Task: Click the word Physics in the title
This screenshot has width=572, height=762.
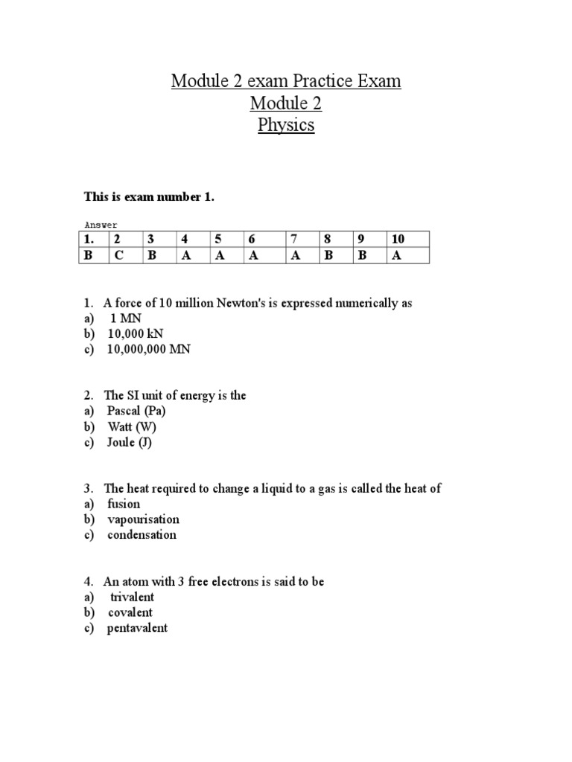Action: [286, 125]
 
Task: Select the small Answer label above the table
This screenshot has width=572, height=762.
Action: [101, 224]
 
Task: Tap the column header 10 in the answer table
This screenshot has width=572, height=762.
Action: [398, 239]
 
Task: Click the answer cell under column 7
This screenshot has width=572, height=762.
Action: [294, 255]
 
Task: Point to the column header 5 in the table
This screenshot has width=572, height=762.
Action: [218, 239]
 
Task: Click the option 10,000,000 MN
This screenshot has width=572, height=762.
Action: [148, 349]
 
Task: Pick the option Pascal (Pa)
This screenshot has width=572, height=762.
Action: [136, 411]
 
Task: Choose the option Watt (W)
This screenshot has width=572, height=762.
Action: [132, 426]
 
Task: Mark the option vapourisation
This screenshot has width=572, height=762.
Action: [143, 519]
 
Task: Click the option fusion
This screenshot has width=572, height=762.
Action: [124, 504]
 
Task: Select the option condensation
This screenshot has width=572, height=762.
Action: [142, 534]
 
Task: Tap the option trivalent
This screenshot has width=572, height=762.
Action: [132, 597]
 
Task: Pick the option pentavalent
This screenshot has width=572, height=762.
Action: [137, 627]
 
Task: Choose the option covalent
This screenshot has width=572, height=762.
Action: [130, 612]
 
